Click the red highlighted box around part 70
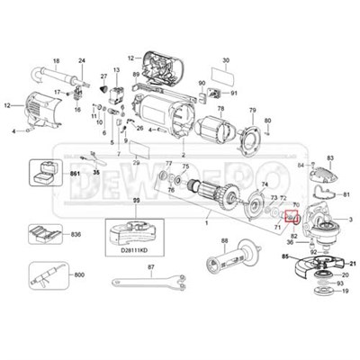pyautogui.click(x=291, y=217)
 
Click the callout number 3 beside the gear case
pyautogui.click(x=349, y=220)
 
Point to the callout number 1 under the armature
pyautogui.click(x=206, y=220)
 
